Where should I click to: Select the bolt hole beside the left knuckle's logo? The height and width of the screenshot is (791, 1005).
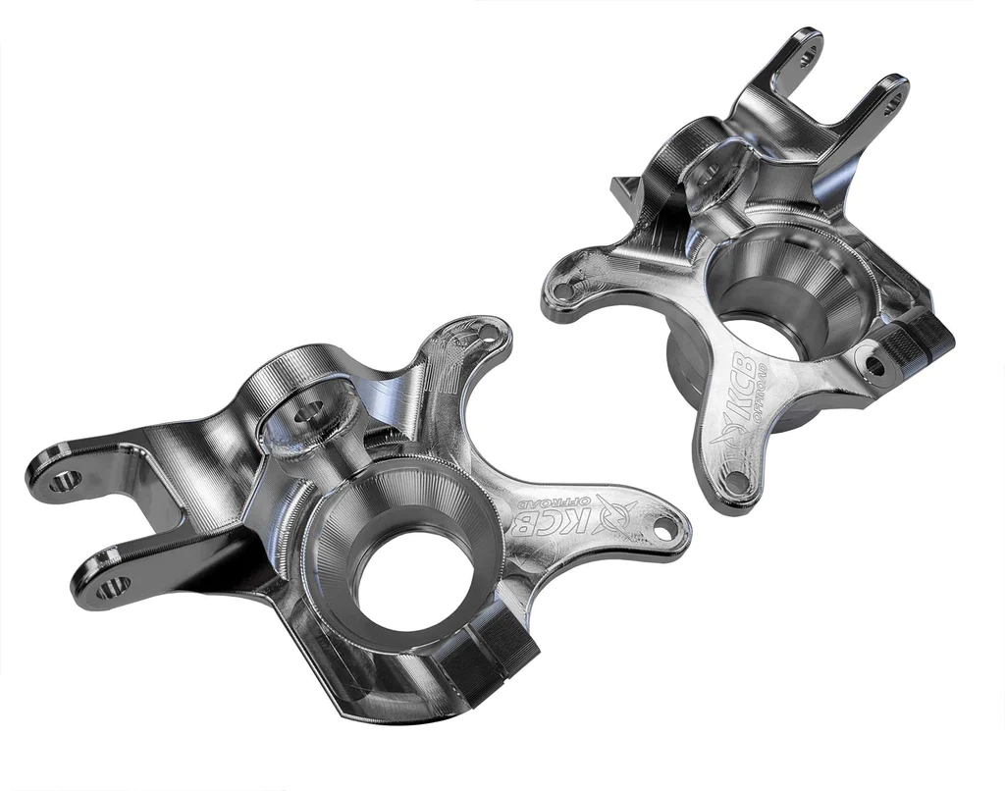[666, 527]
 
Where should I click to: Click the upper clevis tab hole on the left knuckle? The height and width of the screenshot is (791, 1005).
[65, 481]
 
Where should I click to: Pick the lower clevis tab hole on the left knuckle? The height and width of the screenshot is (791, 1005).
[111, 588]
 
